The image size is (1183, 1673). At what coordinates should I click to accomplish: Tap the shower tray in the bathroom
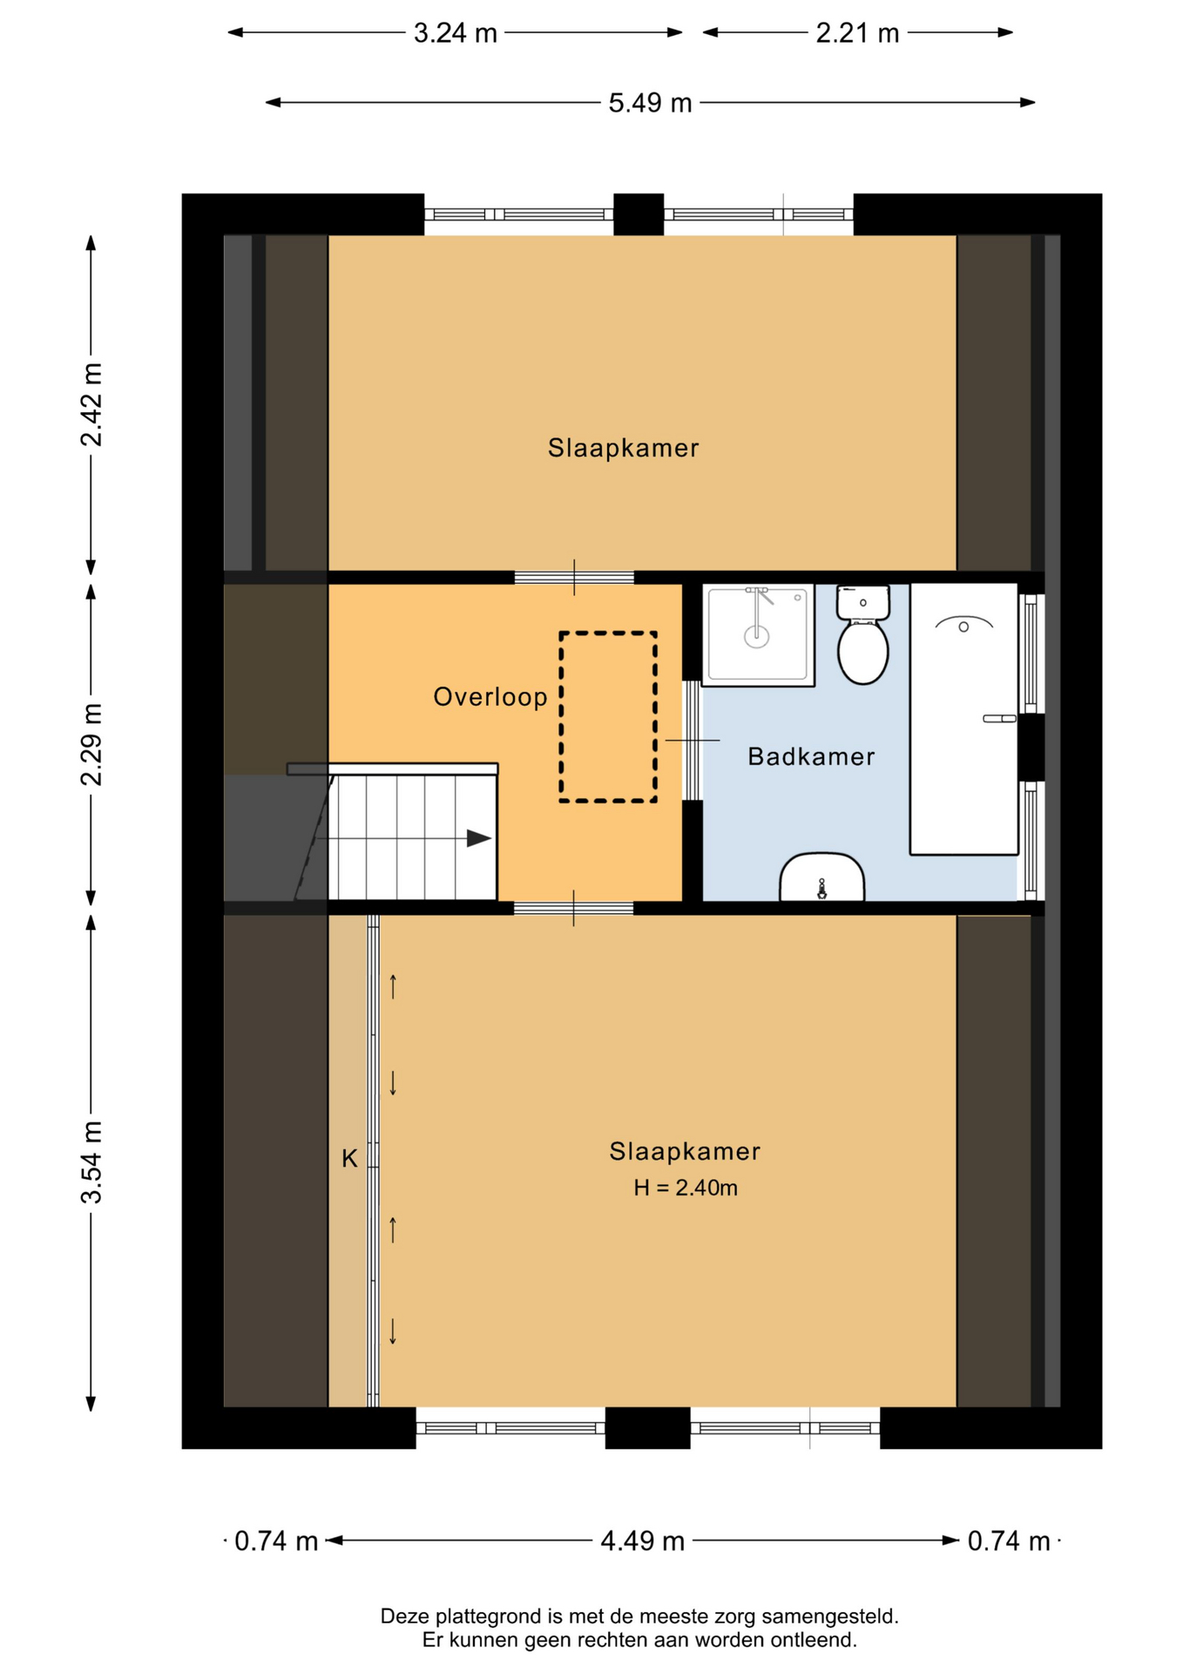pyautogui.click(x=758, y=634)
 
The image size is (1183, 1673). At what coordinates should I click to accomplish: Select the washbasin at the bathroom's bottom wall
pyautogui.click(x=821, y=877)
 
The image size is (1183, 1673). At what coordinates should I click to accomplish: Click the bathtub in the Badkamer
pyautogui.click(x=963, y=719)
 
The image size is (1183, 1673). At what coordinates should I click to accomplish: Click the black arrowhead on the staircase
pyautogui.click(x=479, y=838)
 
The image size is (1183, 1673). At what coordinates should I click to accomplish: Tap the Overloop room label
pyautogui.click(x=490, y=697)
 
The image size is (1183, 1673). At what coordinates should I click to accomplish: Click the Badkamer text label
pyautogui.click(x=811, y=756)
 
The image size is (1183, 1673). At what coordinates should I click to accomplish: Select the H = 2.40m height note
pyautogui.click(x=686, y=1188)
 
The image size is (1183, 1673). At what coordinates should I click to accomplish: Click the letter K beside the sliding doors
pyautogui.click(x=349, y=1159)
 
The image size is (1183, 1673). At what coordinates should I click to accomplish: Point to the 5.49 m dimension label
pyautogui.click(x=650, y=103)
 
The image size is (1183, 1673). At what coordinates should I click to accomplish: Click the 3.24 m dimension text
pyautogui.click(x=455, y=33)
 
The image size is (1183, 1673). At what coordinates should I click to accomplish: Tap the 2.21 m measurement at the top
pyautogui.click(x=857, y=33)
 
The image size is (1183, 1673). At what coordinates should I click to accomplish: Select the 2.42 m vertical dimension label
pyautogui.click(x=91, y=405)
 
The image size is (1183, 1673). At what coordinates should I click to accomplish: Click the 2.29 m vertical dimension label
pyautogui.click(x=91, y=744)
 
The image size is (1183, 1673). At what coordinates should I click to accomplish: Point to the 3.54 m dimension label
pyautogui.click(x=91, y=1162)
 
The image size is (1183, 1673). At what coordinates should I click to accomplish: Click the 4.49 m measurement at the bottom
pyautogui.click(x=643, y=1541)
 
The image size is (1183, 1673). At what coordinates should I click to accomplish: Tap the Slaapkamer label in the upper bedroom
pyautogui.click(x=623, y=448)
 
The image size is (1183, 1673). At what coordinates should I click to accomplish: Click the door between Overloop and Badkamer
pyautogui.click(x=691, y=741)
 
